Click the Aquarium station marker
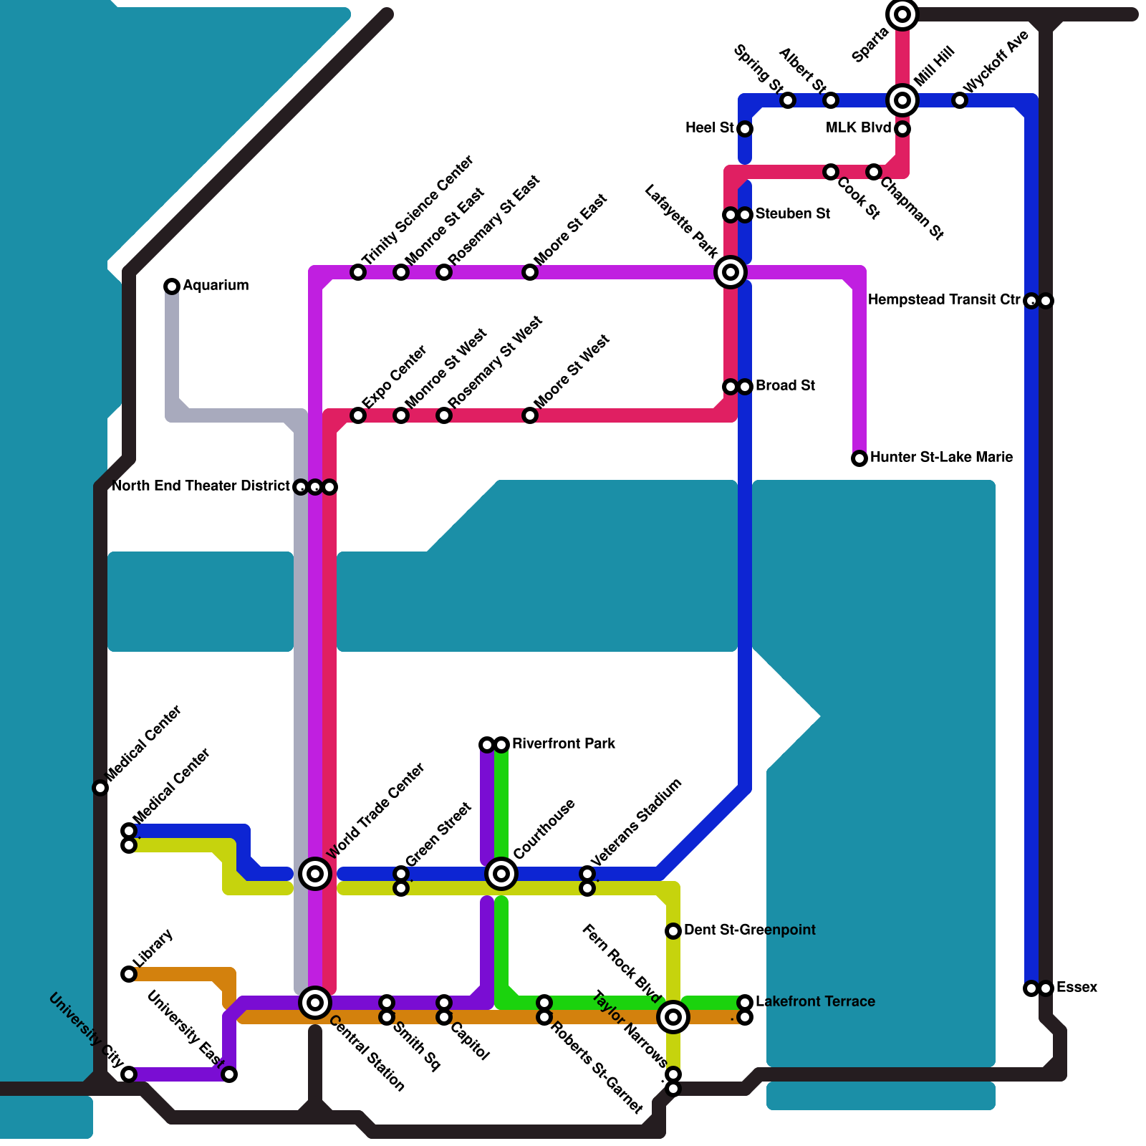172,286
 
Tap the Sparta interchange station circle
902,14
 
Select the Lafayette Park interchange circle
731,272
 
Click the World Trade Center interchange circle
315,874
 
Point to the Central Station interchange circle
315,1003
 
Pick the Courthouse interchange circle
501,874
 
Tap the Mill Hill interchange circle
902,100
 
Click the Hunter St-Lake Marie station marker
860,458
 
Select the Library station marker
129,974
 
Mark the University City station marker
129,1074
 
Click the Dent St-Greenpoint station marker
673,931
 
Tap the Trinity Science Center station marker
358,272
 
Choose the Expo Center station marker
358,415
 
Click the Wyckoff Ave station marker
960,100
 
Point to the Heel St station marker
745,129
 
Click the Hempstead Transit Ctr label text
943,300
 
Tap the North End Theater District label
201,486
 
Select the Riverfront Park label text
564,744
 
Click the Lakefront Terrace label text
815,1002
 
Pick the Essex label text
1077,988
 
